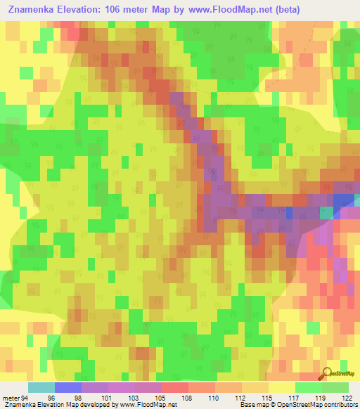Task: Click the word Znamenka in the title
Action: coord(33,9)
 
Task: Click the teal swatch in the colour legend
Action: coord(41,387)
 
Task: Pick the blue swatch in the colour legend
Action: coord(68,387)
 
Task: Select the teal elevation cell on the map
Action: coord(327,212)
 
